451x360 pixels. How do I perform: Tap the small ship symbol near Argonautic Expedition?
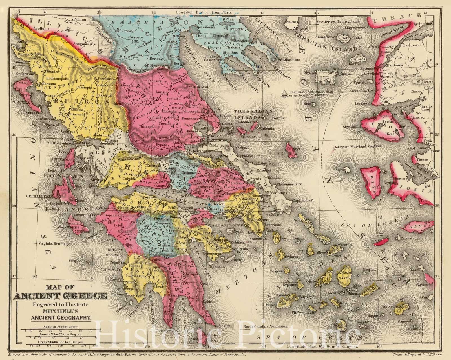pos(285,92)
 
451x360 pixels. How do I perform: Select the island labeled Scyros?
pos(290,148)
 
